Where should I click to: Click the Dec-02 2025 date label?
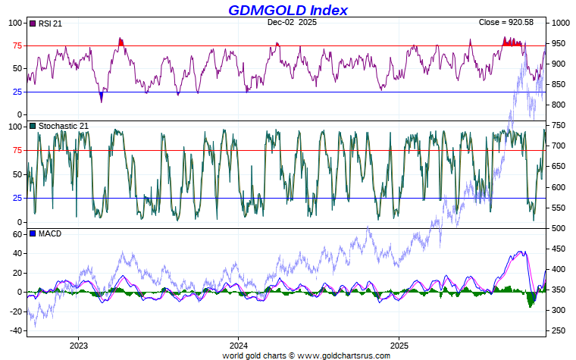(x=292, y=23)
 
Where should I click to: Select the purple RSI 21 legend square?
(x=33, y=23)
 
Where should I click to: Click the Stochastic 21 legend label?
(x=64, y=126)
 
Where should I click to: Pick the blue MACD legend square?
(x=33, y=233)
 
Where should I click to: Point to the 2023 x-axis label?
(x=78, y=345)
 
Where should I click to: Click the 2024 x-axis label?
(x=238, y=345)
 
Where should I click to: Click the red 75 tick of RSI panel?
(x=17, y=45)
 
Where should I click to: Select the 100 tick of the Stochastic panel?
(x=14, y=127)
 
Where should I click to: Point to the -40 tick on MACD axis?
(x=15, y=330)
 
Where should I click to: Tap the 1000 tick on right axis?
(x=561, y=23)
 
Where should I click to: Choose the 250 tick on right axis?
(x=559, y=330)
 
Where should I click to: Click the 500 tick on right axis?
(x=559, y=228)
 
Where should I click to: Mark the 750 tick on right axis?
(x=559, y=126)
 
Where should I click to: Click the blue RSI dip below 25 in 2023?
(x=102, y=96)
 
